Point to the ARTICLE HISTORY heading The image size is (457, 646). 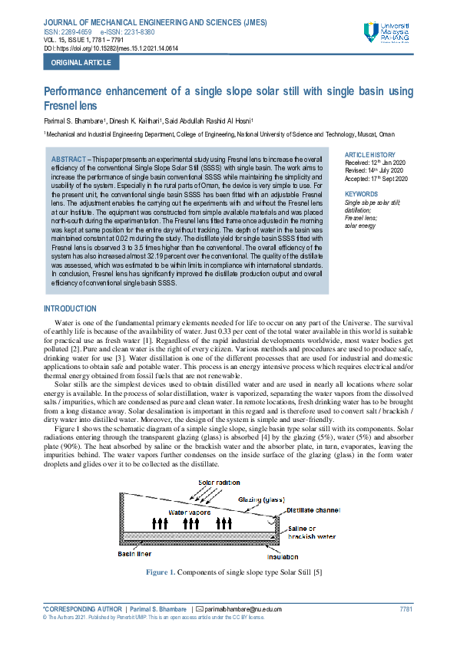370,155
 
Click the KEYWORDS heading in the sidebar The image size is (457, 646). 361,194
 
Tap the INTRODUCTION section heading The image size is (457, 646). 70,309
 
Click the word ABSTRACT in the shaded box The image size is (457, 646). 68,157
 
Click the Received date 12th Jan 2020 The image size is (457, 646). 376,163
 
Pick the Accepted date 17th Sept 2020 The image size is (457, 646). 377,179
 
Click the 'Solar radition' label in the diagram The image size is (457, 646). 219,483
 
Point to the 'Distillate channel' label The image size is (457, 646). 313,509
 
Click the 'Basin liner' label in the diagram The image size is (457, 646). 135,552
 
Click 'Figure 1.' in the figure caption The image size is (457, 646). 161,573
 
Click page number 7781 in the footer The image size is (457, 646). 406,609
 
